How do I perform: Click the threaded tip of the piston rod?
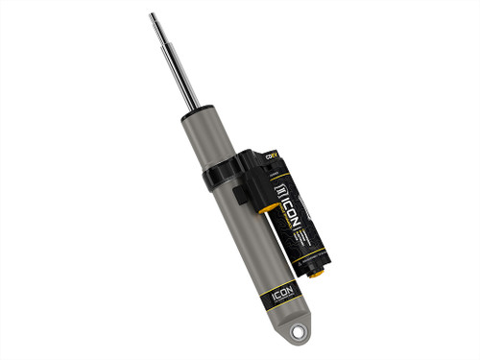click(154, 19)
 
